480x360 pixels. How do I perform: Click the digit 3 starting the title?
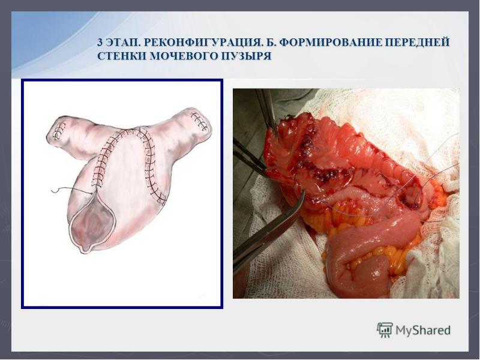[x=100, y=43]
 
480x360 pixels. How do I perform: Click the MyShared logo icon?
[x=385, y=329]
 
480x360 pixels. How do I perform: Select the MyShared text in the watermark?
[x=423, y=331]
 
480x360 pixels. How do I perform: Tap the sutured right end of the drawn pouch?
[x=200, y=122]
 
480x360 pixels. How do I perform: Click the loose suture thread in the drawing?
[x=71, y=190]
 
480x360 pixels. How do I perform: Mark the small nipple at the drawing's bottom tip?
[x=86, y=247]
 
